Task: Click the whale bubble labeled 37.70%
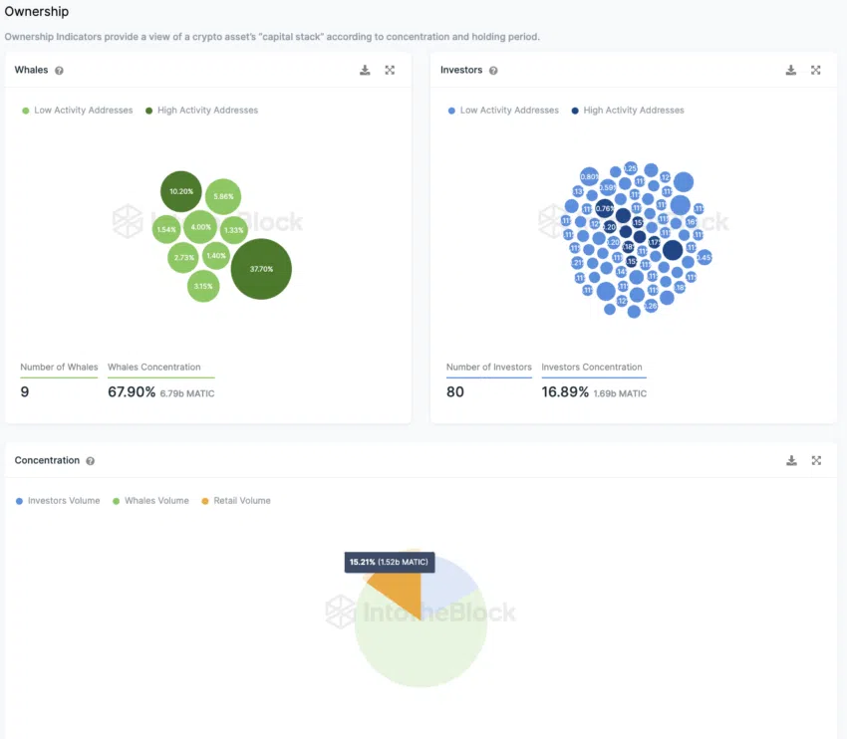[x=261, y=269]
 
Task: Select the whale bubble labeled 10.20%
[x=181, y=191]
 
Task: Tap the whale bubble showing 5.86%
[x=222, y=197]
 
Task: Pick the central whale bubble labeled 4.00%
[x=200, y=227]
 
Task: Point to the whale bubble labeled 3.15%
[x=203, y=286]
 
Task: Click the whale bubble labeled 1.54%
[x=165, y=230]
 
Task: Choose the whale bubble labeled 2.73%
[x=184, y=258]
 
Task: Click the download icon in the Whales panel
[x=365, y=70]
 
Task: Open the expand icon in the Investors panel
[x=816, y=70]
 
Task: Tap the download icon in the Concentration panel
[x=791, y=460]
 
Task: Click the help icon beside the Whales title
[x=60, y=71]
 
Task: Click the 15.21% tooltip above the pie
[x=389, y=563]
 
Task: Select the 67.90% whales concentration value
[x=132, y=392]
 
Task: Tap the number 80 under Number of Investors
[x=455, y=392]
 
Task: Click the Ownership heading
[x=37, y=12]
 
